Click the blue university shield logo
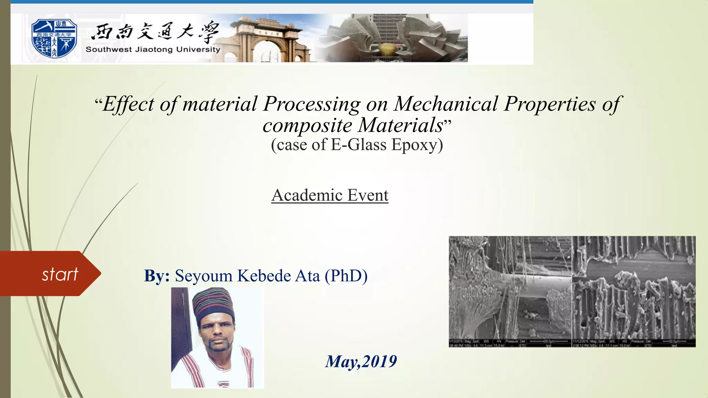tap(54, 38)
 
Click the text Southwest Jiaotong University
tap(153, 49)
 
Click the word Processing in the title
tap(312, 104)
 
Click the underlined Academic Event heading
tap(330, 195)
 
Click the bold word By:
tap(157, 276)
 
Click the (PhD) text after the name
tap(346, 276)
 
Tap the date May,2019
tap(361, 361)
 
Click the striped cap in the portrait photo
tap(213, 303)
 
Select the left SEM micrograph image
tap(510, 291)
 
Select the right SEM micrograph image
tap(634, 291)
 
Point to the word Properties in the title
tap(550, 104)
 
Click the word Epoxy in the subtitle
tap(417, 144)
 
